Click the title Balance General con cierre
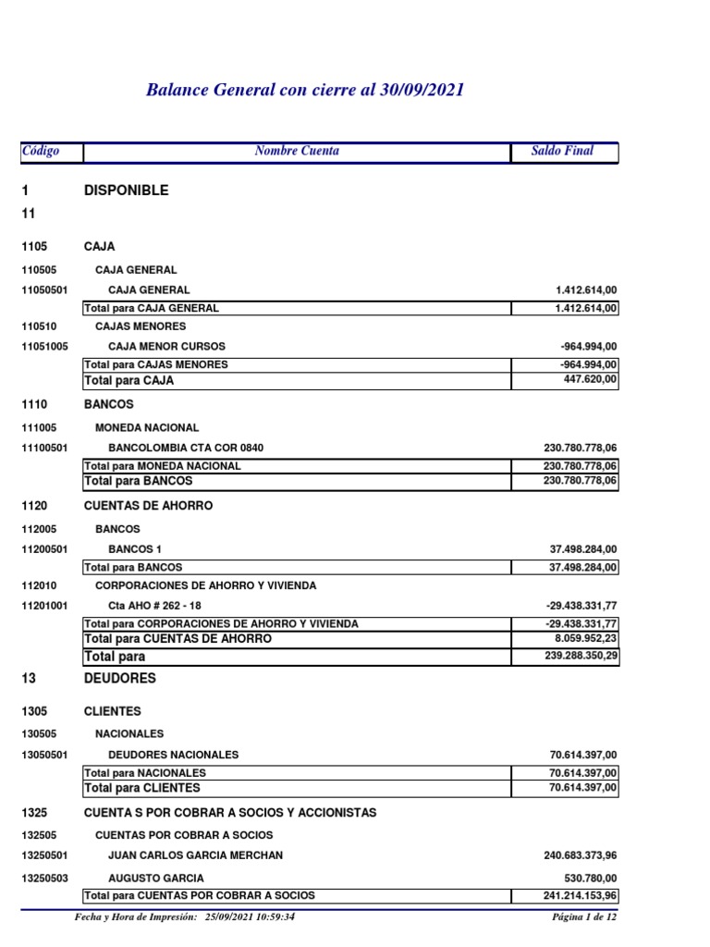pos(305,90)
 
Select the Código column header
pos(41,151)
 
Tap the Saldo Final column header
pos(562,151)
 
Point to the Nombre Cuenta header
pos(297,151)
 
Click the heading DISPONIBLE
pos(127,191)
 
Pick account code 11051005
pos(44,346)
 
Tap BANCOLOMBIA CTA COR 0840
pos(186,448)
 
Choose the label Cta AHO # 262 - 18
pos(153,605)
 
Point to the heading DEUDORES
pos(120,678)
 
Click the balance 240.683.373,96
pos(580,855)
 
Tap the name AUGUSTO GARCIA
pos(156,878)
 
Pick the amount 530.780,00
pos(590,878)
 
